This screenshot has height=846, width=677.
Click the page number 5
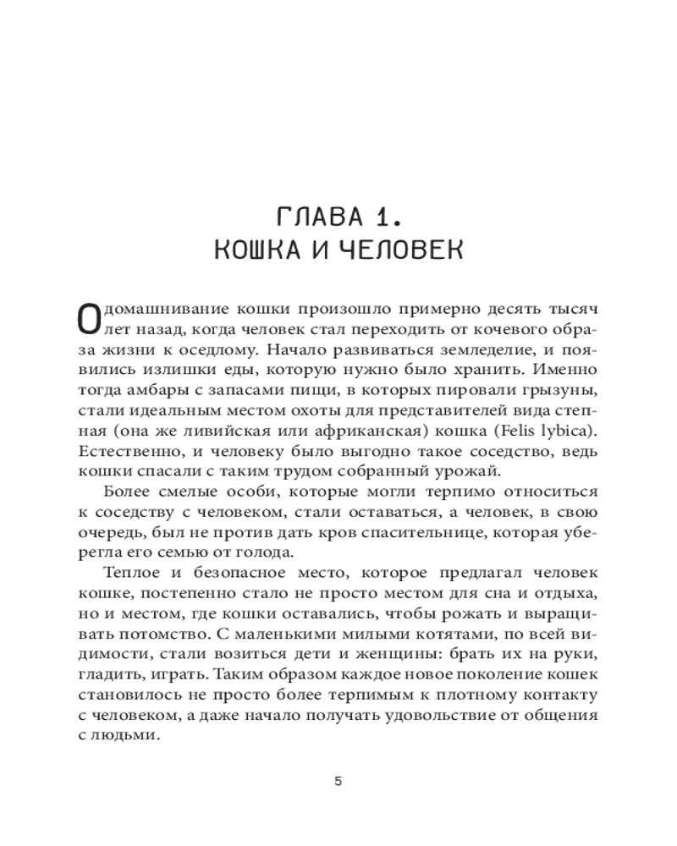(338, 781)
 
